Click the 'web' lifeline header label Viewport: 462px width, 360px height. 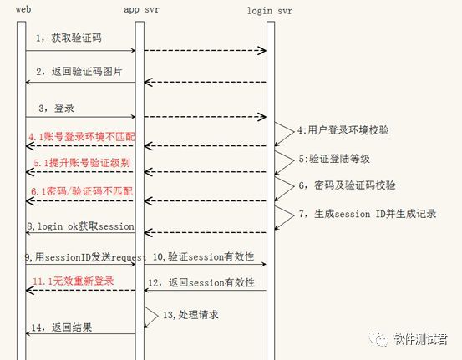(x=23, y=9)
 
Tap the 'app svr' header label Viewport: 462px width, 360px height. (x=141, y=9)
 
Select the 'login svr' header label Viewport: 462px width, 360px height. (x=270, y=11)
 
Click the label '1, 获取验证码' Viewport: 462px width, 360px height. (x=69, y=38)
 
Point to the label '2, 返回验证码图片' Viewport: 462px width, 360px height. (x=79, y=71)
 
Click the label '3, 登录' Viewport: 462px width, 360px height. (x=57, y=108)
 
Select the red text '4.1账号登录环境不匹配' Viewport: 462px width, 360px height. (x=82, y=137)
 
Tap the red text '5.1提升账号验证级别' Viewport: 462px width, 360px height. (x=82, y=163)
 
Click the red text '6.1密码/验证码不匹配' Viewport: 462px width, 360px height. (x=82, y=191)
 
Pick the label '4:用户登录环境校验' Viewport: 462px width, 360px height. (x=343, y=130)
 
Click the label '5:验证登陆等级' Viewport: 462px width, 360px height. (x=334, y=159)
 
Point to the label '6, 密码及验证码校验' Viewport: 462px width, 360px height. (x=347, y=185)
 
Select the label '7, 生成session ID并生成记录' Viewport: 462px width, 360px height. (x=367, y=214)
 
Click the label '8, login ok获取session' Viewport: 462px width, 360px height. (x=81, y=226)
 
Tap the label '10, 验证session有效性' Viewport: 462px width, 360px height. (x=203, y=256)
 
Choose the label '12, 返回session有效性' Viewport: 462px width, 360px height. (x=201, y=282)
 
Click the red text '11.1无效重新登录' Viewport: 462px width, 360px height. (x=73, y=281)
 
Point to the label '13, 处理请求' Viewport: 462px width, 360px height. (x=190, y=315)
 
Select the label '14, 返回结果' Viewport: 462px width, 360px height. (x=62, y=327)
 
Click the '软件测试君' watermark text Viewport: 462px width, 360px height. (x=420, y=339)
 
